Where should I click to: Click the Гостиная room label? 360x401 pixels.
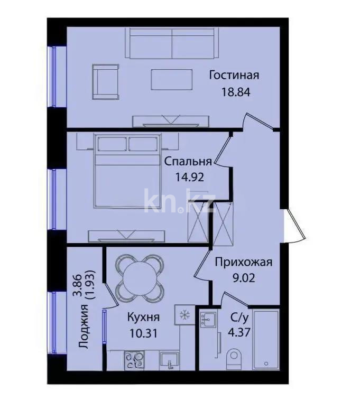pos(234,75)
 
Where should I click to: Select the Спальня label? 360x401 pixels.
pos(188,162)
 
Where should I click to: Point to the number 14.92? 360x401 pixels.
pos(190,178)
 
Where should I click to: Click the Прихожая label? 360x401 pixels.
pos(244,262)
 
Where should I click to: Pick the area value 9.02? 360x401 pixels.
pos(244,277)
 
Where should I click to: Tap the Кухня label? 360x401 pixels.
pos(143,318)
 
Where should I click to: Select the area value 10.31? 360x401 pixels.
pos(143,333)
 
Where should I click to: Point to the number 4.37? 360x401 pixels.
pos(239,333)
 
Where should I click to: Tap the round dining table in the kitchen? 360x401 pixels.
pos(137,278)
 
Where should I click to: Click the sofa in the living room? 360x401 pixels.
pos(172,43)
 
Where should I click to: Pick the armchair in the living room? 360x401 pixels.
pos(106,81)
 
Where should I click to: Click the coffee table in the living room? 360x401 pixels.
pos(169,80)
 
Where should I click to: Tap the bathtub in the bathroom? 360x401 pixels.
pos(267,339)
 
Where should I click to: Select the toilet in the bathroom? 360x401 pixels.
pos(233,360)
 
